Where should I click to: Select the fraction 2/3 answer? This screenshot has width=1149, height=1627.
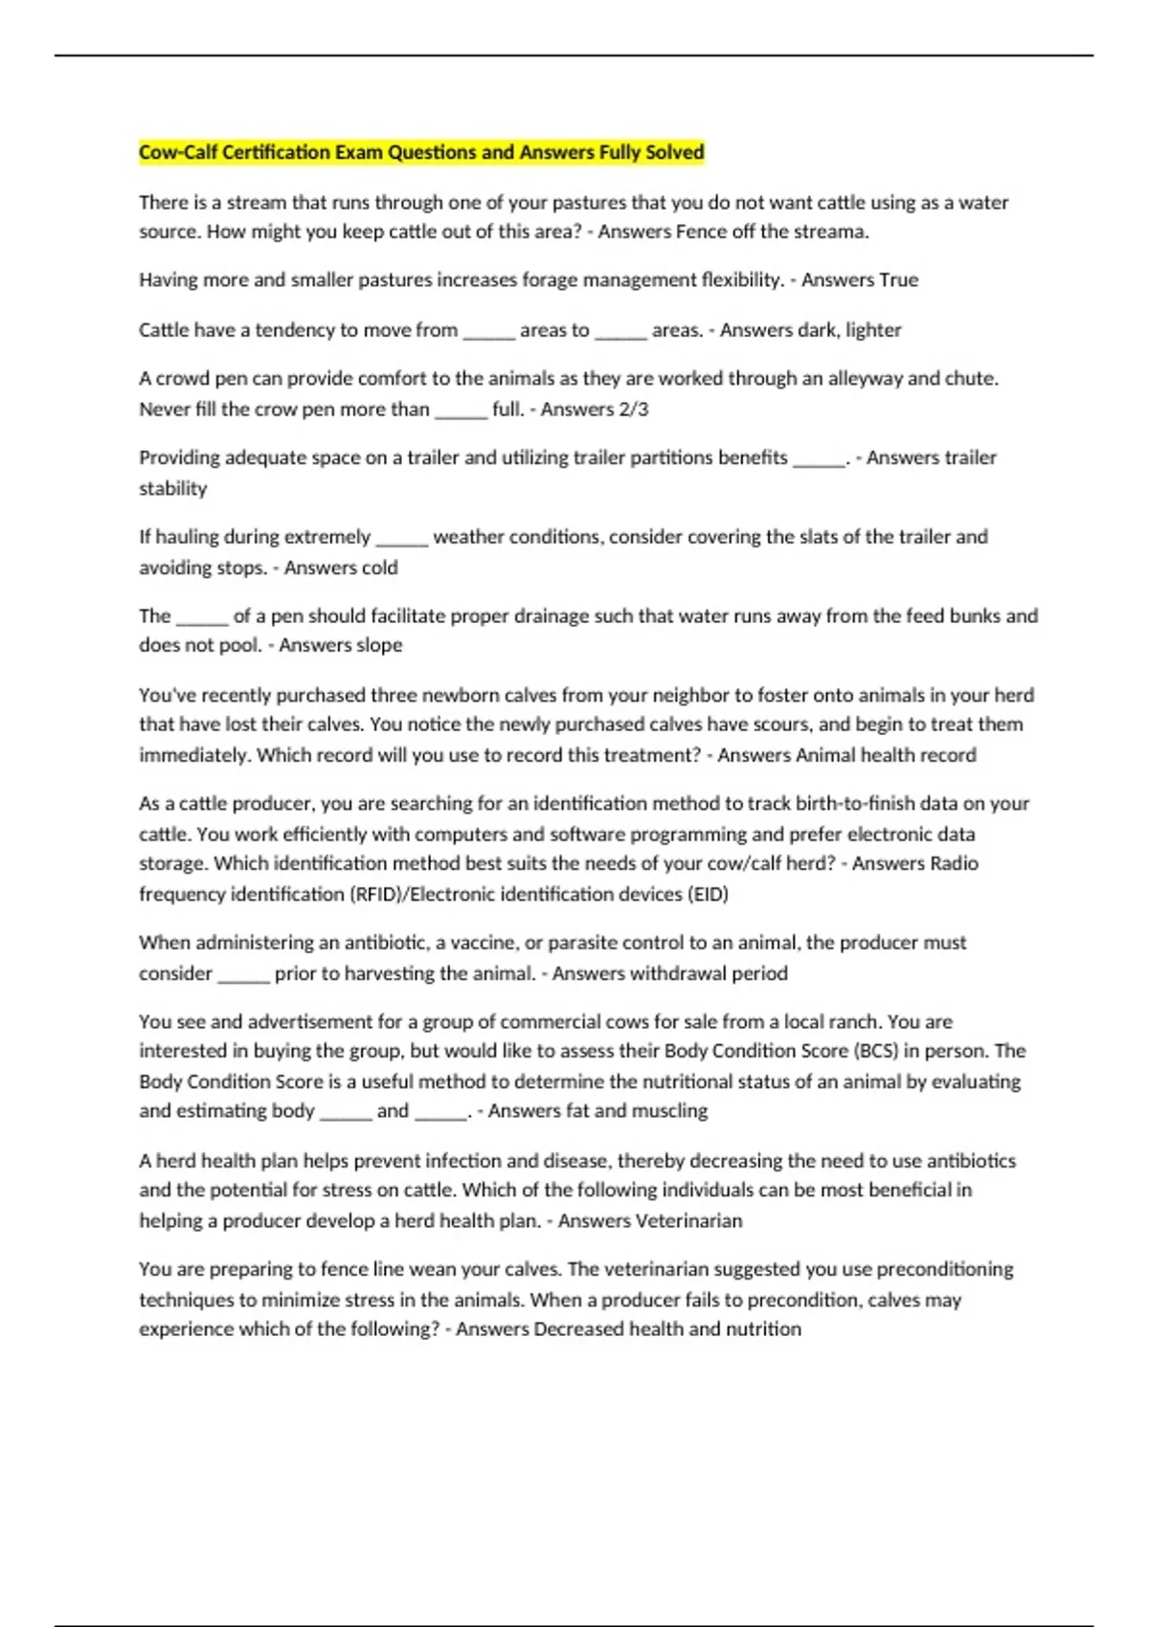(633, 409)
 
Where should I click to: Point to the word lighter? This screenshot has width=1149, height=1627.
(873, 330)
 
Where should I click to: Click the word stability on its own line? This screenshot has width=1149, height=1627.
(172, 488)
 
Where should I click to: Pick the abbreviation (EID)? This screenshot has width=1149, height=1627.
(707, 894)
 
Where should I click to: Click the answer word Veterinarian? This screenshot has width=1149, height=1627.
(689, 1220)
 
